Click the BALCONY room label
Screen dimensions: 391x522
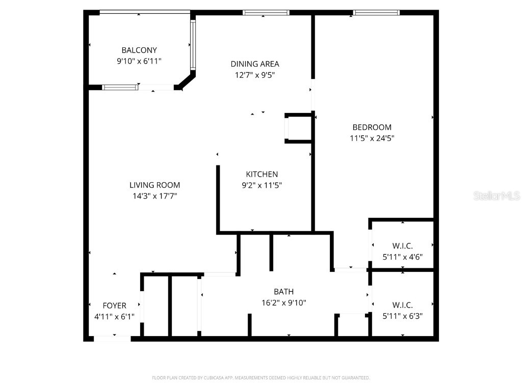(x=139, y=50)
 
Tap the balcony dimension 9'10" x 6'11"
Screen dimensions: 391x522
(x=139, y=61)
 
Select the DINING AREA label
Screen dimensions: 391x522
(x=255, y=64)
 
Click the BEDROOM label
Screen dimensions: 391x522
(x=372, y=127)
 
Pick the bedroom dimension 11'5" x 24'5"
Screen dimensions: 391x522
(x=372, y=138)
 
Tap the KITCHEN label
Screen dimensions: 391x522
(x=262, y=174)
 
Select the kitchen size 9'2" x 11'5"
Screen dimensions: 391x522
(x=262, y=185)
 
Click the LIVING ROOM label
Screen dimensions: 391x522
(x=154, y=185)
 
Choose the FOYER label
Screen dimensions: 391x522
(x=115, y=305)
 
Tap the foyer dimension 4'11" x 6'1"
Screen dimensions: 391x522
(x=115, y=317)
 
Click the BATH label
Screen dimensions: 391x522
(x=284, y=292)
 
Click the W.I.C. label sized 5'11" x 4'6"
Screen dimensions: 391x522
(x=403, y=246)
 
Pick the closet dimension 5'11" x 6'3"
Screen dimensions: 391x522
(x=403, y=316)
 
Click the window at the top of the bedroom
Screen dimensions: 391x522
(x=376, y=13)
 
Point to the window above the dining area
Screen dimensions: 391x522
(x=266, y=13)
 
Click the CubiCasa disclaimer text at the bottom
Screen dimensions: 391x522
(x=261, y=378)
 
